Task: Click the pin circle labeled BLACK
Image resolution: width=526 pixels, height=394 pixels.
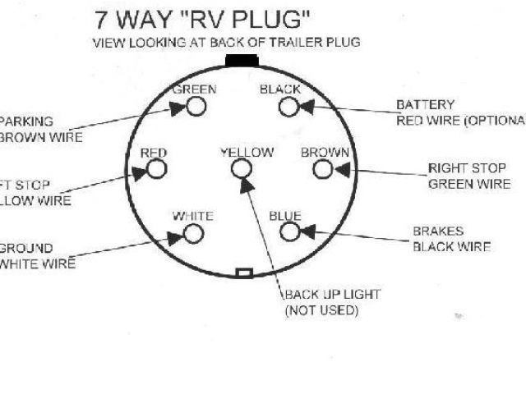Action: click(x=288, y=107)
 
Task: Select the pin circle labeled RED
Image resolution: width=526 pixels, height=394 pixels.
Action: click(x=156, y=170)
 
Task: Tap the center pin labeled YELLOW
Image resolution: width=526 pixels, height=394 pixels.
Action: click(x=241, y=169)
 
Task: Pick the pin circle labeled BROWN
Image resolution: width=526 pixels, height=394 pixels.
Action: click(x=324, y=169)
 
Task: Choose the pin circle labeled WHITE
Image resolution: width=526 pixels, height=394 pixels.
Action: click(x=193, y=233)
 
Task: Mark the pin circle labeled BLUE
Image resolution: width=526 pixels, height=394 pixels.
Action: click(x=289, y=232)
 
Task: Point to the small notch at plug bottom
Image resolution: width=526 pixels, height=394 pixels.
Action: click(x=243, y=273)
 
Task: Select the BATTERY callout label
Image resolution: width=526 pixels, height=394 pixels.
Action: click(x=425, y=105)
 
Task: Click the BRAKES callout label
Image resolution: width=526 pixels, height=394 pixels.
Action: click(x=438, y=231)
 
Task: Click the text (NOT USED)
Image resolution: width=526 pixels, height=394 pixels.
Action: click(x=322, y=310)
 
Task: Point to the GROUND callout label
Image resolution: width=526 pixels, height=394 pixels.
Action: click(x=25, y=248)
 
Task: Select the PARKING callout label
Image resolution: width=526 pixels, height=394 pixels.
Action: click(x=30, y=121)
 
